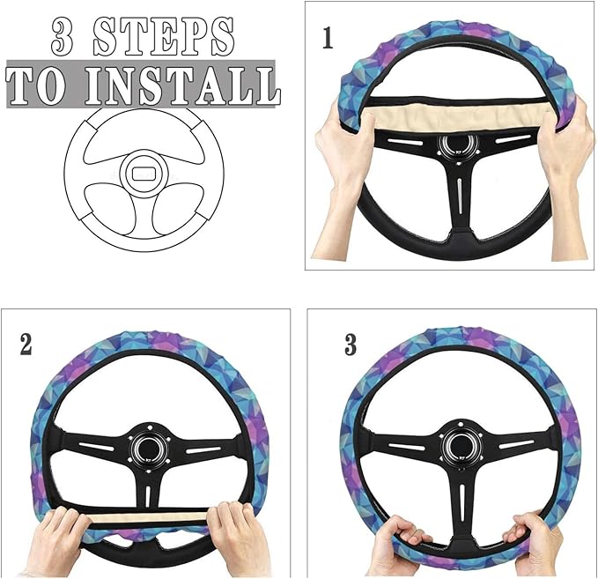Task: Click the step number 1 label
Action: [329, 39]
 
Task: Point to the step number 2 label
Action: [26, 345]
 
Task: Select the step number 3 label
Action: [351, 345]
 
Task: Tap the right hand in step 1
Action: [565, 150]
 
